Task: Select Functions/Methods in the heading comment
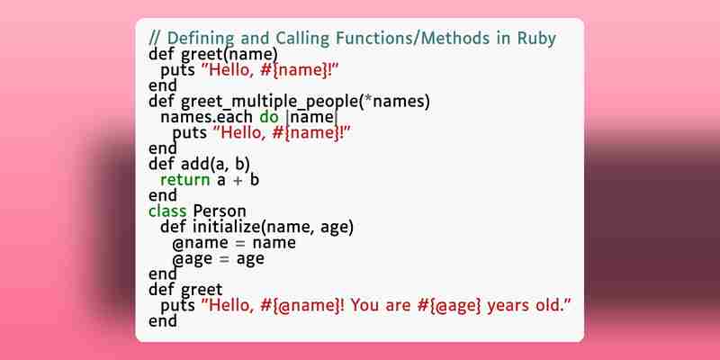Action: pos(413,39)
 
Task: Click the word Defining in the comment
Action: pos(201,39)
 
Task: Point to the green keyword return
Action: pos(185,179)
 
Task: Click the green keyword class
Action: pos(167,211)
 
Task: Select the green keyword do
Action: pos(269,117)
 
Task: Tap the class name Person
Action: pos(220,211)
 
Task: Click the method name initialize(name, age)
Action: pos(274,228)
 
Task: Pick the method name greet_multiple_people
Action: pos(269,102)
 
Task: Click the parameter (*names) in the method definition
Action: pos(394,102)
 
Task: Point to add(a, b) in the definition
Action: pos(215,164)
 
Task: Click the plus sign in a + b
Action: pos(238,180)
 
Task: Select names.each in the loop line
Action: pos(206,117)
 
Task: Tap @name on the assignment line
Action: pos(201,243)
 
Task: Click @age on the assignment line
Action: pos(193,259)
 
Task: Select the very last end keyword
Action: pos(163,320)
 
